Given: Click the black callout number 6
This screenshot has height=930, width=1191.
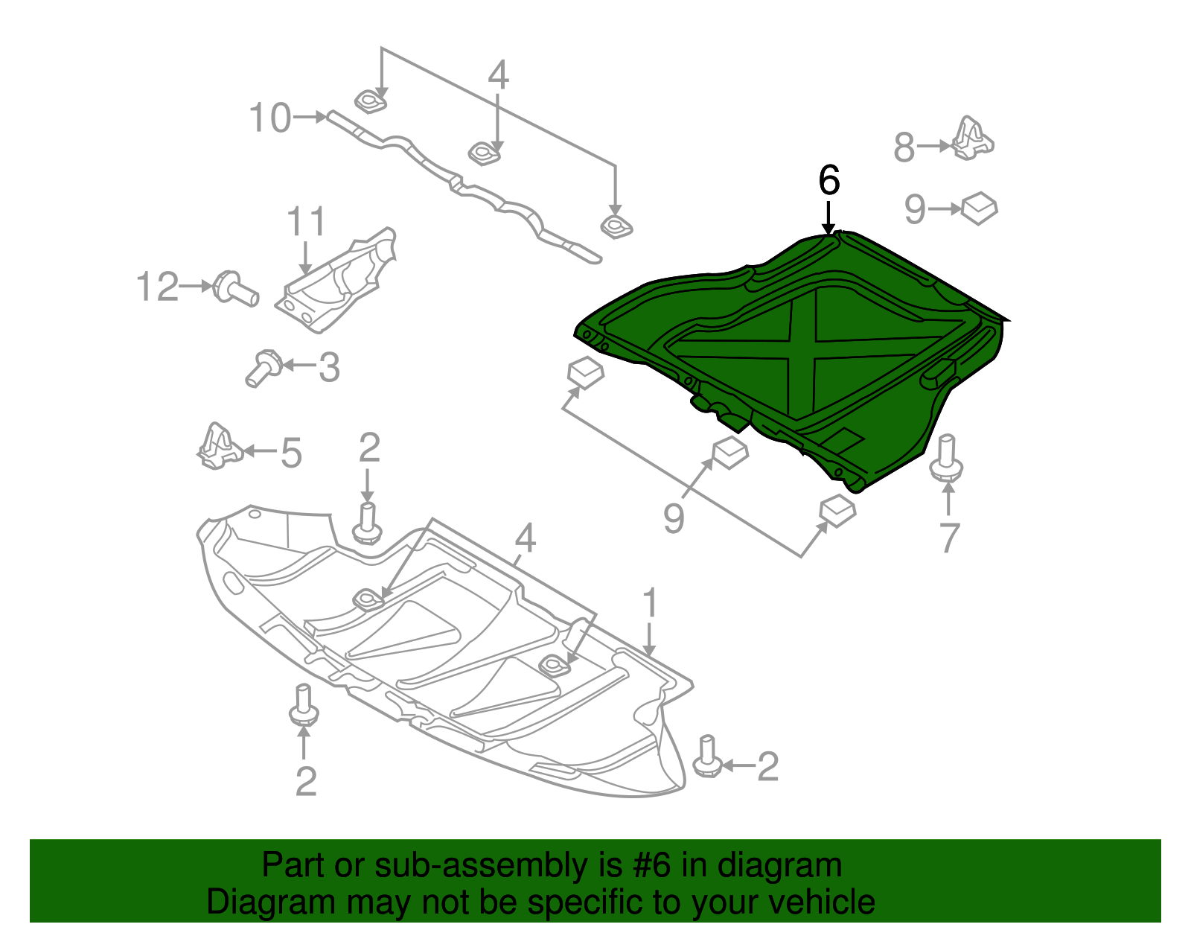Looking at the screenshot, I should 828,181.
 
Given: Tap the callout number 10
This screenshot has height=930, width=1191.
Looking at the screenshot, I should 269,118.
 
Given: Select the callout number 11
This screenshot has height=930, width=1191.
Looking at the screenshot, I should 306,222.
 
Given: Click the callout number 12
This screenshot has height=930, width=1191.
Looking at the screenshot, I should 158,287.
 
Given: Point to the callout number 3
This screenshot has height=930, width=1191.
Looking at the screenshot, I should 328,368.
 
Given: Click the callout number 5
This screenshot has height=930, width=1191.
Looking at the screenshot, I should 291,453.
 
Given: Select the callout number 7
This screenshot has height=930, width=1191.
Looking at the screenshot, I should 949,538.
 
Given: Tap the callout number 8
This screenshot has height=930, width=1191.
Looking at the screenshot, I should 904,147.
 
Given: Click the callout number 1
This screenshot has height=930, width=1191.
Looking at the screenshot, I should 650,603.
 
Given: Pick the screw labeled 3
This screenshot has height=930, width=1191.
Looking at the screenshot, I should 262,367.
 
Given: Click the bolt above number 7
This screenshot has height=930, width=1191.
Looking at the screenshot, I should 947,458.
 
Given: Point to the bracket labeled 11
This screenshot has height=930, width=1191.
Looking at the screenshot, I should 339,283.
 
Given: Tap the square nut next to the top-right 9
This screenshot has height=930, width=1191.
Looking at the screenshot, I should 980,208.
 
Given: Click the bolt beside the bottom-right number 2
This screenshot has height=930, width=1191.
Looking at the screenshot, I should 707,758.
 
